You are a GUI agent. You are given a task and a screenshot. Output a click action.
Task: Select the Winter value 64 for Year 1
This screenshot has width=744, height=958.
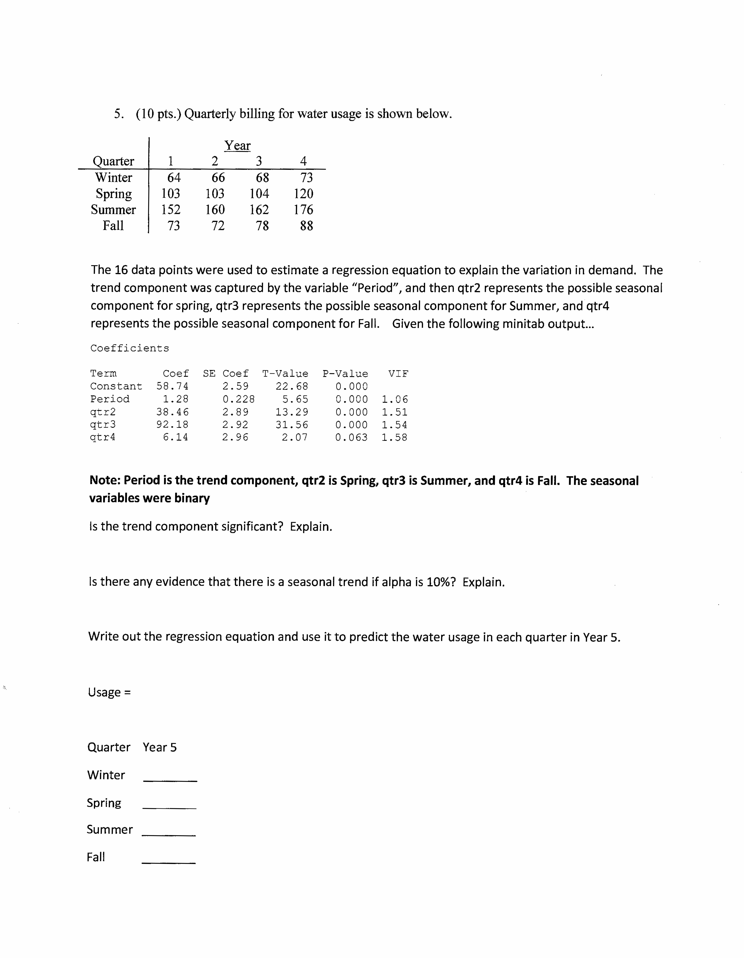174,178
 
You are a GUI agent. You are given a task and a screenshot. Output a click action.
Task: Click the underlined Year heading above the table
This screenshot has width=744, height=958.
237,146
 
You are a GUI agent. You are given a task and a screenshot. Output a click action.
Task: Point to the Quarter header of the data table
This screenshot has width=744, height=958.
113,161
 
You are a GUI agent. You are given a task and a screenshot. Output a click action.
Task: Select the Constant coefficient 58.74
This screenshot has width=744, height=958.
172,386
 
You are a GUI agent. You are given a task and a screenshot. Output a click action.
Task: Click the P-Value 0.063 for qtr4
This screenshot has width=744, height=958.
351,437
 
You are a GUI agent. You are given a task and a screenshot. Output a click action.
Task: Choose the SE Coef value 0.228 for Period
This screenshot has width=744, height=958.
238,399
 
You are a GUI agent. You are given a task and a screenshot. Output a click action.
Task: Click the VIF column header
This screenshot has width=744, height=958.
398,374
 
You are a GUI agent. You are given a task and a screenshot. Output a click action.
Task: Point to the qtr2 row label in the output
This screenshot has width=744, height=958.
103,412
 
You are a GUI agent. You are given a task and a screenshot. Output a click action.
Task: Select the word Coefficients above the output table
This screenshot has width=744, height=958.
129,348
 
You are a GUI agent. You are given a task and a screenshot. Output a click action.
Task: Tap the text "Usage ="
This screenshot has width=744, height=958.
109,692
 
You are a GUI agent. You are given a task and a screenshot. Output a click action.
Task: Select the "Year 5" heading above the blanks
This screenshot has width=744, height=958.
160,747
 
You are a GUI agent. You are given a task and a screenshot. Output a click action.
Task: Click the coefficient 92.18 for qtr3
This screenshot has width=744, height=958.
172,425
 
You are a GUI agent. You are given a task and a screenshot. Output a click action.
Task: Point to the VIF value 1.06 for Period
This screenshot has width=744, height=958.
394,399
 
